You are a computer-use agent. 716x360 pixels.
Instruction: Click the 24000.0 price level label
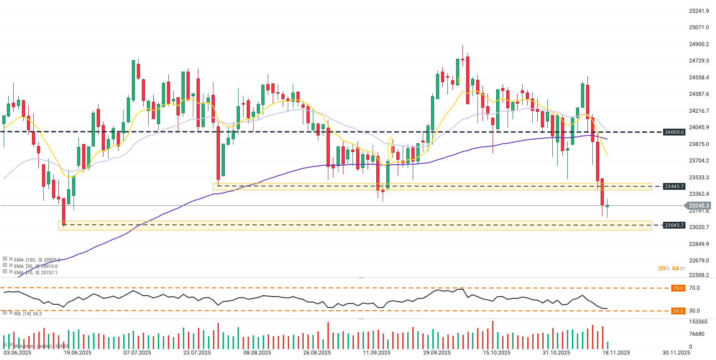tap(674, 132)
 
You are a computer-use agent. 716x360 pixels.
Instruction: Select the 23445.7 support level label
tap(674, 187)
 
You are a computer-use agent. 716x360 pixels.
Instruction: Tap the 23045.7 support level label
tap(674, 225)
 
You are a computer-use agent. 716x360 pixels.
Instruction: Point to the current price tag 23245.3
tap(699, 206)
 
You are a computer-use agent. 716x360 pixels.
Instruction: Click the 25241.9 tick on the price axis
tap(699, 11)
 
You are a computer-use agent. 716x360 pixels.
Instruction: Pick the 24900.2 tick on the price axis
tap(699, 44)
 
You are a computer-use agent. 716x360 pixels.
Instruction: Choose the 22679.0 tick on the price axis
tap(699, 261)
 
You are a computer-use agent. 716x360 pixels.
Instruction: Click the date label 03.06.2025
tap(17, 353)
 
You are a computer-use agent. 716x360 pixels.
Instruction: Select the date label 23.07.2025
tap(197, 353)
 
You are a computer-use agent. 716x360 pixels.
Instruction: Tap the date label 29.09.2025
tap(437, 353)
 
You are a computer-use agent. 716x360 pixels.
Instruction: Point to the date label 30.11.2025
tap(676, 353)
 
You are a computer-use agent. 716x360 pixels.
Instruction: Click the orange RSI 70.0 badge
tap(678, 288)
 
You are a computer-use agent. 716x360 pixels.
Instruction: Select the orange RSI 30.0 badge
tap(678, 311)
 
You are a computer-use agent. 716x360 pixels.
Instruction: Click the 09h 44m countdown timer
tap(671, 268)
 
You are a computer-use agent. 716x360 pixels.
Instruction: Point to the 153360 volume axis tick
tap(698, 322)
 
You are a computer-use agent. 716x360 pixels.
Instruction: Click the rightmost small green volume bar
tap(607, 345)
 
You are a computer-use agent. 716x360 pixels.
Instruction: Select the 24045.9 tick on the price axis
tap(699, 127)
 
